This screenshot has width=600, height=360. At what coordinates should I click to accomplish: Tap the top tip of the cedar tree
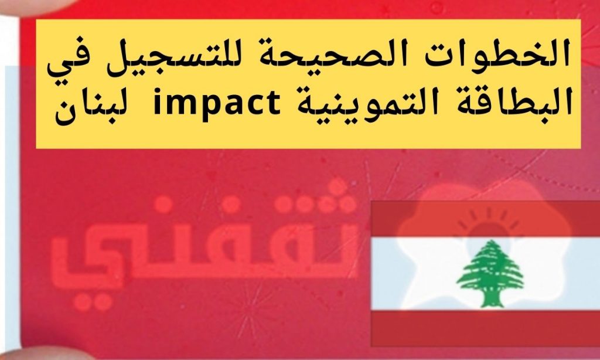tap(492, 240)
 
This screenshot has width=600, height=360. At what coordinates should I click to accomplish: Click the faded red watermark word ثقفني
tap(204, 245)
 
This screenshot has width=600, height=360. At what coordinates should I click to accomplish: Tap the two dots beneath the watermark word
tap(92, 302)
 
